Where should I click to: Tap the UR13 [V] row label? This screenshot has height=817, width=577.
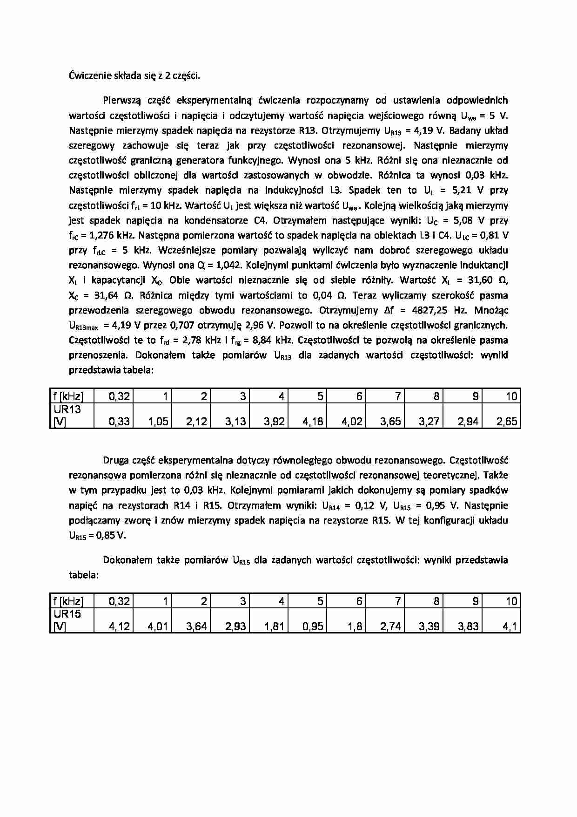coord(67,415)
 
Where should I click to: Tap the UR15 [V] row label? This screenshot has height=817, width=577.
coord(67,620)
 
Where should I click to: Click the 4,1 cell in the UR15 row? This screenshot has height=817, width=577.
coord(510,626)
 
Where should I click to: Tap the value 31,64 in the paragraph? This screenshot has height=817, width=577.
coord(107,295)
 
